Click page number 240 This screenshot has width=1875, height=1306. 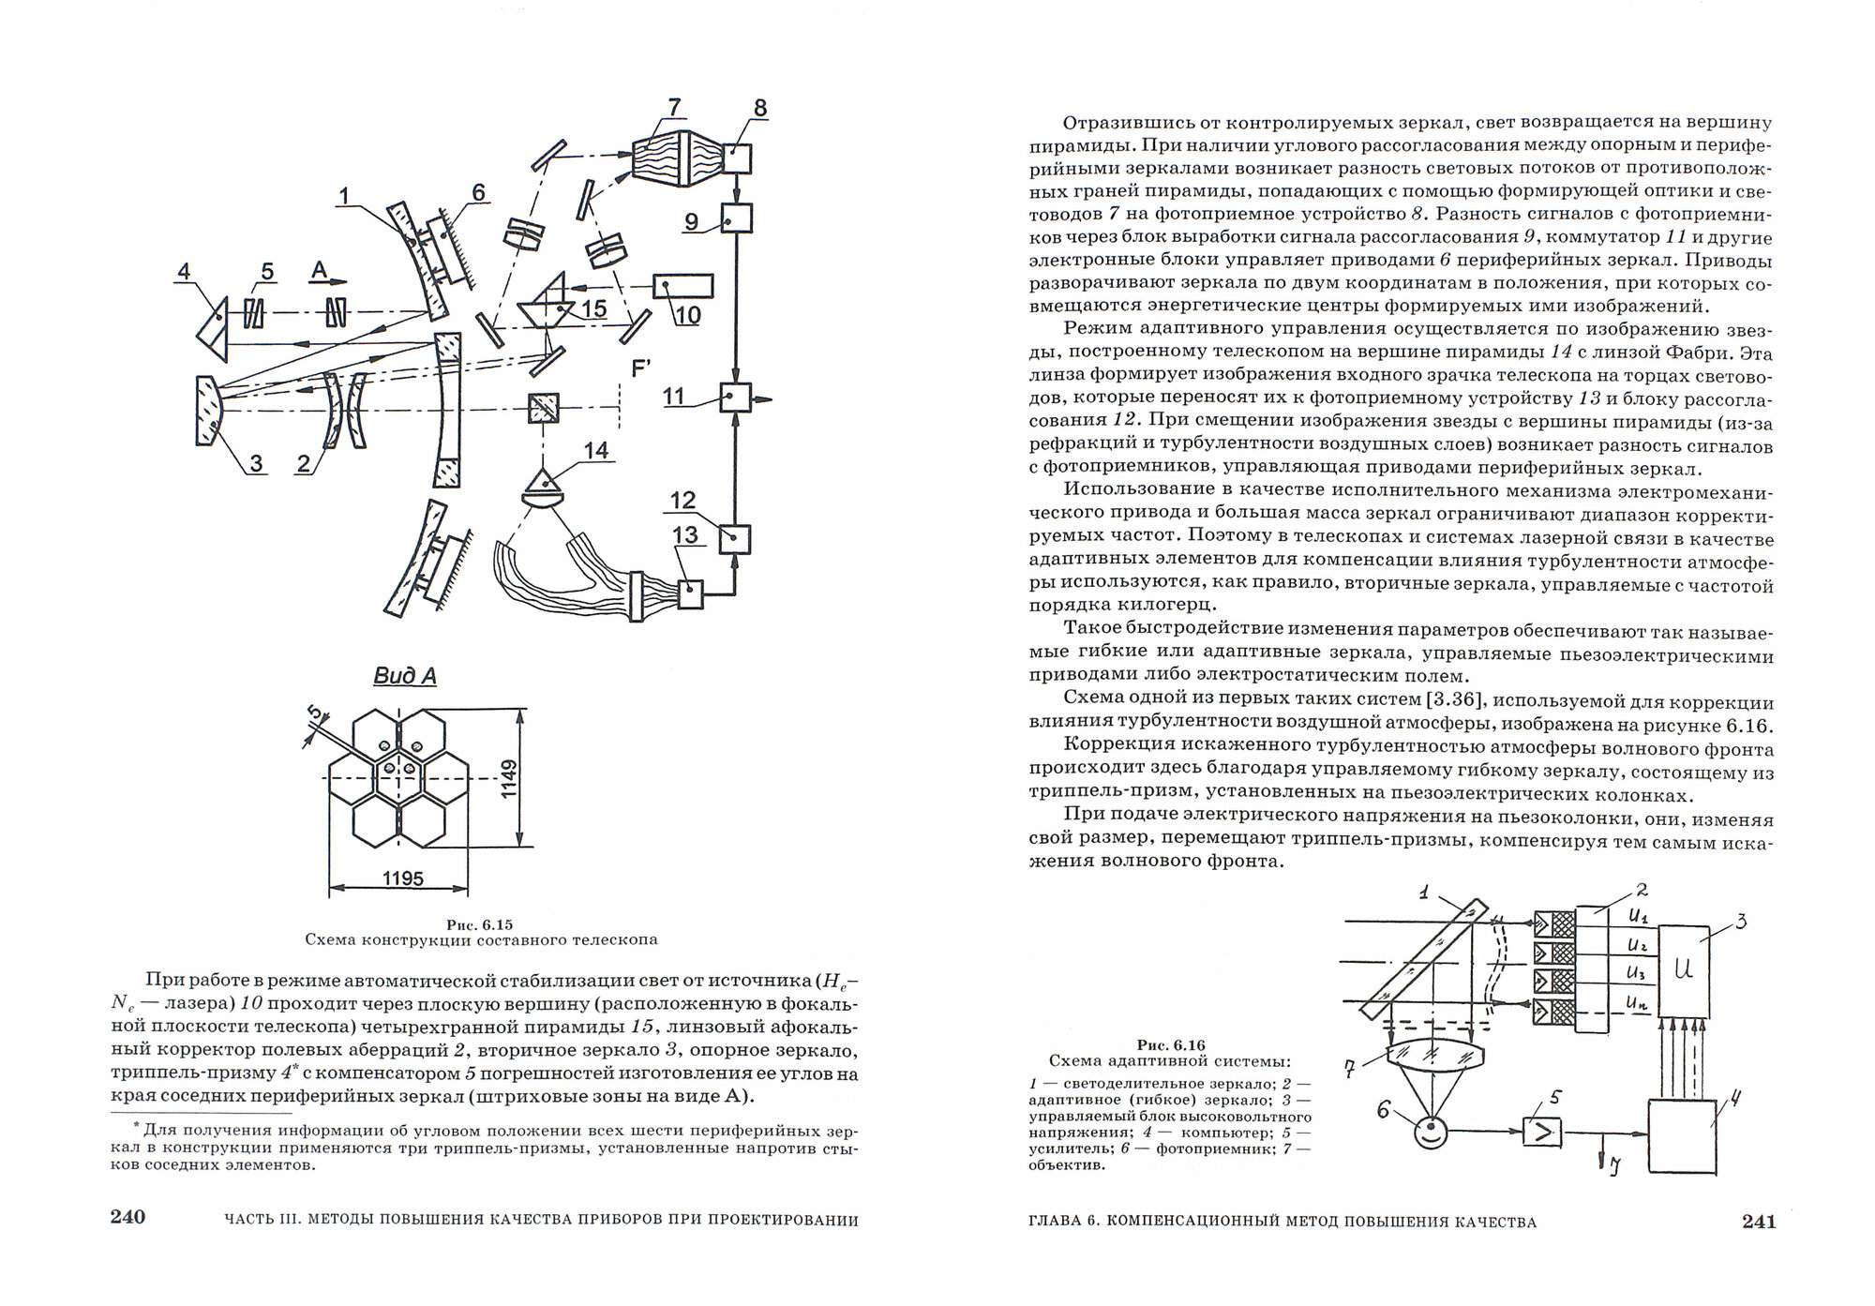127,1218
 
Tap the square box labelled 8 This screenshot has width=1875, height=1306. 737,158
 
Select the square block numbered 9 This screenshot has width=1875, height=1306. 737,219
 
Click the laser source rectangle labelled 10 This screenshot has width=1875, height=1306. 682,285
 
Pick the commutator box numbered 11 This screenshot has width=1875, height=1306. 736,398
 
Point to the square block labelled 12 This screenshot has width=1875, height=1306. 734,538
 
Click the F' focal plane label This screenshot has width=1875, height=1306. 641,368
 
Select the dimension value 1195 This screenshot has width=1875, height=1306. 402,878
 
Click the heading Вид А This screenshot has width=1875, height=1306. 405,676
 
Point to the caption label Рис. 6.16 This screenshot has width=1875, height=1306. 1170,1044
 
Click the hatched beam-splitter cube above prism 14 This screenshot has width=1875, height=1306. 543,408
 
